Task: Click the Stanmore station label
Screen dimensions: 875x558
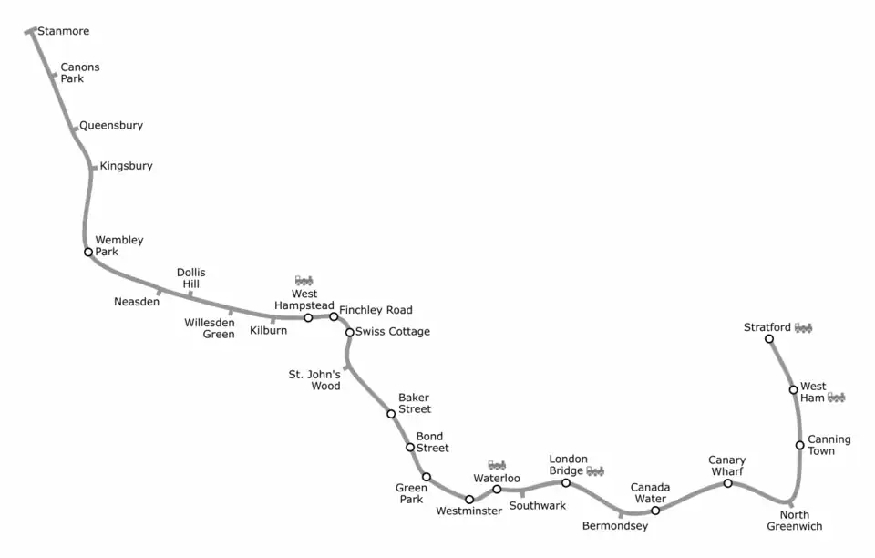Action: pos(63,31)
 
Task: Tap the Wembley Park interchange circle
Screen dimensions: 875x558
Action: pos(88,253)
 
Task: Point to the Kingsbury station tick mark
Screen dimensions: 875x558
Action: pos(94,168)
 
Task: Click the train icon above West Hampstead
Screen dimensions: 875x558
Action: pos(304,280)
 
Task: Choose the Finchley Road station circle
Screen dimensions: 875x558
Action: pos(334,316)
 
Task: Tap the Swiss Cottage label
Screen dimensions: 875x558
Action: pos(392,332)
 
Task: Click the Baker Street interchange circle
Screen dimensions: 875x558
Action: pos(391,414)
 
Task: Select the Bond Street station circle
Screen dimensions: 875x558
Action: pos(410,448)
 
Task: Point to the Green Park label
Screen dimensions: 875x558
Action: pos(411,493)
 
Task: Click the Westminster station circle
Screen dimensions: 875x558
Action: pos(469,500)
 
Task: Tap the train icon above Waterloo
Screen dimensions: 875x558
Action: pos(497,465)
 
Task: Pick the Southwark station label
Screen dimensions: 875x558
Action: pos(538,505)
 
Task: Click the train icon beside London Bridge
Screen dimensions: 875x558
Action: pos(595,471)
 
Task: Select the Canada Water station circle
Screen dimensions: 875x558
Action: pos(655,511)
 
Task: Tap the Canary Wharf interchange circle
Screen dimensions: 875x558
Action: pos(727,483)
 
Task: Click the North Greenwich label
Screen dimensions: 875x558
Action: pos(795,520)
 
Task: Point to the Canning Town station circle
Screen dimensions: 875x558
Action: pos(799,445)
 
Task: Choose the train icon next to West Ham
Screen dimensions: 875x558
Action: pos(836,398)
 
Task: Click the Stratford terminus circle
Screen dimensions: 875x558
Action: pos(769,338)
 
